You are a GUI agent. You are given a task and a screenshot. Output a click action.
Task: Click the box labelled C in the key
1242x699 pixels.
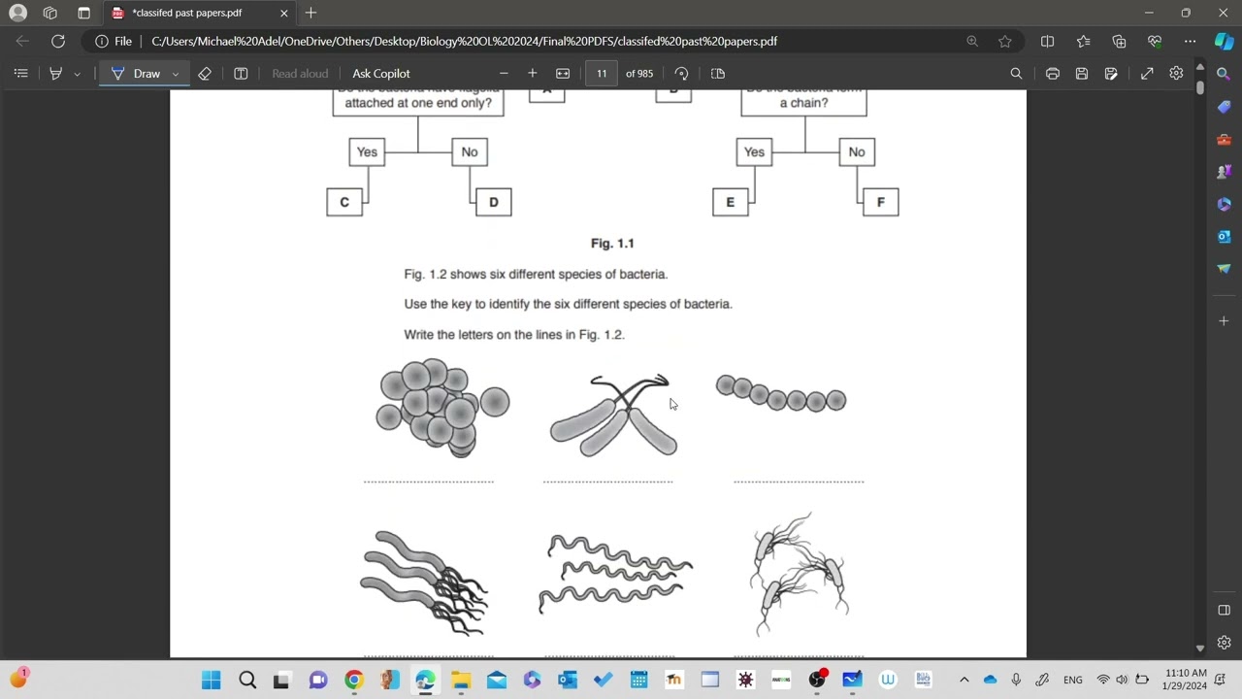tap(344, 202)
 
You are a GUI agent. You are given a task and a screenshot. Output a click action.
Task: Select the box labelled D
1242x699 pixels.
tap(493, 202)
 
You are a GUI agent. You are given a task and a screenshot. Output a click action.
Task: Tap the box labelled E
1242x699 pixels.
tap(731, 202)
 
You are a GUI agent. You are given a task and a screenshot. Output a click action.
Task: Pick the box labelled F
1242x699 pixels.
tap(880, 202)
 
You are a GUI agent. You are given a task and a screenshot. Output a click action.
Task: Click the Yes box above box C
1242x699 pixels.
tap(367, 151)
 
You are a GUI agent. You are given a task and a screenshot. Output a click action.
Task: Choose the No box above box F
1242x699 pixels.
tap(857, 151)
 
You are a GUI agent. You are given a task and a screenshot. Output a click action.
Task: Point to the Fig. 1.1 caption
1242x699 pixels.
tap(612, 244)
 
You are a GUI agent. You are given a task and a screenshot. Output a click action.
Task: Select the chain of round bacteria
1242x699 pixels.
tap(781, 394)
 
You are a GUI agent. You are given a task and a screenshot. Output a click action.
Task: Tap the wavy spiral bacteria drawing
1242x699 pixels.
tap(615, 574)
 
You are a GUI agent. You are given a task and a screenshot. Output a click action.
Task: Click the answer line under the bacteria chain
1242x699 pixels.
tap(799, 481)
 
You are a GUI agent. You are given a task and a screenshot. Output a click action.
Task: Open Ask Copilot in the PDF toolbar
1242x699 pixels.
tap(380, 74)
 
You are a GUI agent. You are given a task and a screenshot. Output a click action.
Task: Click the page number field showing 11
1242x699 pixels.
tap(602, 74)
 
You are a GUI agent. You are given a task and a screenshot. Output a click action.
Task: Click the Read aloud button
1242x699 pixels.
tap(300, 74)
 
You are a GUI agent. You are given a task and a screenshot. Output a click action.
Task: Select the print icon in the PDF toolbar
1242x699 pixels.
tap(1053, 74)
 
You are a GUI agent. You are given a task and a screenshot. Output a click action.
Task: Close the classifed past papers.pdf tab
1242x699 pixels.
tap(284, 13)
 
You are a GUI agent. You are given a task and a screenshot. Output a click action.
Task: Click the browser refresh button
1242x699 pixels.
tap(58, 41)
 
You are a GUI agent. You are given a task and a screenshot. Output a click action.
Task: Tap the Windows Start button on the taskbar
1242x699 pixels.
tap(211, 680)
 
